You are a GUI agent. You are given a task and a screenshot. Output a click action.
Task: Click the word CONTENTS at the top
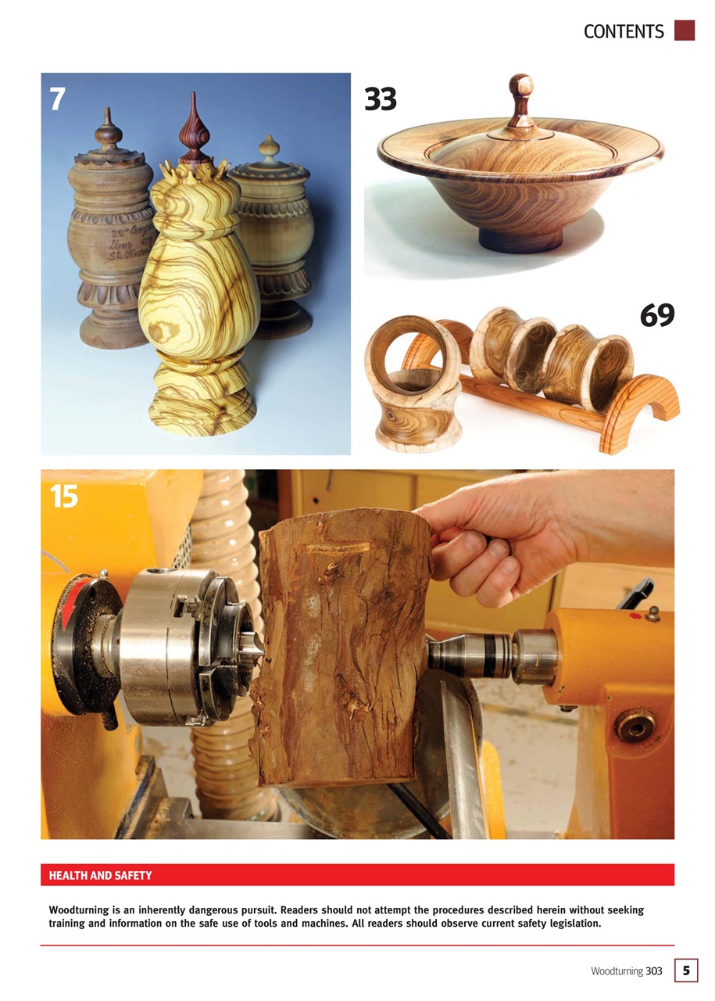[624, 31]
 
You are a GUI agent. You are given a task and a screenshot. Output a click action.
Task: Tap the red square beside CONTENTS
[685, 30]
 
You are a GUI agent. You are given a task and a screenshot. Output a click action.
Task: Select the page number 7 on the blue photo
[57, 99]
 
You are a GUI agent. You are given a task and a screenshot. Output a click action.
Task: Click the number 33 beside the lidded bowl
[381, 100]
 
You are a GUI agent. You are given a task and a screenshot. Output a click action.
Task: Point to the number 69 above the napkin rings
[656, 315]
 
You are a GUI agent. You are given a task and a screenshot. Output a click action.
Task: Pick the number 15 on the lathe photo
[64, 497]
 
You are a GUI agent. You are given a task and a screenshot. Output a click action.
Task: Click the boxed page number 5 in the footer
[685, 971]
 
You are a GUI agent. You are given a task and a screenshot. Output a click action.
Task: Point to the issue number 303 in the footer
[653, 971]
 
